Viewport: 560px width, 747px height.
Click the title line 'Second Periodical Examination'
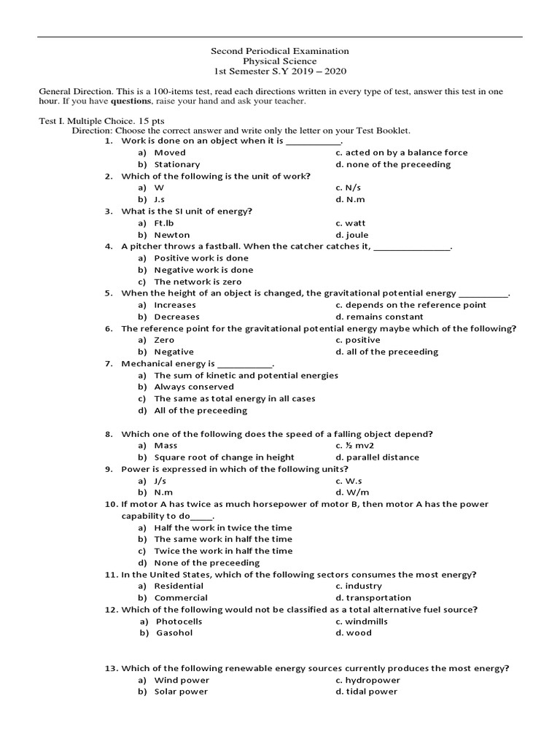click(x=280, y=51)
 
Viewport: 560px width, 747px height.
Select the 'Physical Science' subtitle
click(x=280, y=61)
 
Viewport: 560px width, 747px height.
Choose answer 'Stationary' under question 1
click(x=176, y=164)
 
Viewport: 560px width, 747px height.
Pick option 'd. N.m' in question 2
click(x=350, y=199)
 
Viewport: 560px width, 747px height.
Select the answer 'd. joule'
click(x=351, y=235)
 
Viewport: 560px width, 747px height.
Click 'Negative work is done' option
click(x=203, y=270)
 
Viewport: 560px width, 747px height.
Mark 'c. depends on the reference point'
click(x=411, y=305)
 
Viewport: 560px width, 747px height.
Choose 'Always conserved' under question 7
click(x=194, y=387)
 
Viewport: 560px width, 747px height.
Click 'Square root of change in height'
click(x=224, y=457)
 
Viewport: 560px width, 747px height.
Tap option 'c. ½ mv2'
click(x=354, y=445)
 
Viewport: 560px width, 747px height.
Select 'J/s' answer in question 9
click(x=160, y=481)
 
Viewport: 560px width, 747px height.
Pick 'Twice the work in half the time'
click(x=223, y=551)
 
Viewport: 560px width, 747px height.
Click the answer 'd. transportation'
click(x=373, y=597)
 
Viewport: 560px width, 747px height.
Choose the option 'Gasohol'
click(x=174, y=632)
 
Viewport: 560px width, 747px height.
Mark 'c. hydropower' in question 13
click(x=367, y=680)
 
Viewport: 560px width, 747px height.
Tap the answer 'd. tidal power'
click(x=366, y=692)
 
